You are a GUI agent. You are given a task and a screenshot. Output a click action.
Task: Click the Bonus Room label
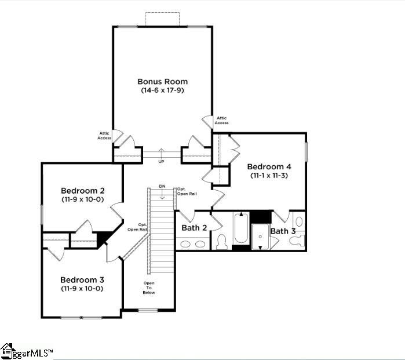(x=162, y=82)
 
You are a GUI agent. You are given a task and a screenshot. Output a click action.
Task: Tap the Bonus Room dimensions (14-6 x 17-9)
(x=162, y=90)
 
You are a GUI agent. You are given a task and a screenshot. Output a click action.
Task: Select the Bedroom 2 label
(x=83, y=191)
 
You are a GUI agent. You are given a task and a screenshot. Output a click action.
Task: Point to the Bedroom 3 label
(x=82, y=280)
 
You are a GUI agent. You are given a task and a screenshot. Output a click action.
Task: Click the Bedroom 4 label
(x=269, y=167)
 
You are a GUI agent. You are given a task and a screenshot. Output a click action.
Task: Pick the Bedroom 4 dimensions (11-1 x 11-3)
(x=269, y=176)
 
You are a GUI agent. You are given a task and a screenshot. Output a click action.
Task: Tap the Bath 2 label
(x=194, y=228)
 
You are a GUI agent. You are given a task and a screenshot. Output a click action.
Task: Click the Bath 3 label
(x=283, y=231)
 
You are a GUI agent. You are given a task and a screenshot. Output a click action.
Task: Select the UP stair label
(x=161, y=162)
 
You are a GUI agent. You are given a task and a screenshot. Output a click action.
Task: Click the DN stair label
(x=162, y=186)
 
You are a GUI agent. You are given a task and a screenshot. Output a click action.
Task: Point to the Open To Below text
(x=149, y=288)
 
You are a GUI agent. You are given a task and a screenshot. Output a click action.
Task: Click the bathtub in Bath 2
(x=241, y=228)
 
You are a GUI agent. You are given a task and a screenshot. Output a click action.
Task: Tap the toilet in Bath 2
(x=221, y=242)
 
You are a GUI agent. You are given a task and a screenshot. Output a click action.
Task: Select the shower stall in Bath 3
(x=260, y=237)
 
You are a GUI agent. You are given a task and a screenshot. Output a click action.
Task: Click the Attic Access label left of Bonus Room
(x=104, y=136)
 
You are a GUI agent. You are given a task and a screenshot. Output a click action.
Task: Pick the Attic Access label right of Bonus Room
(x=221, y=121)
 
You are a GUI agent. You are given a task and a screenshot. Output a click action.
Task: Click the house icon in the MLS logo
(x=6, y=351)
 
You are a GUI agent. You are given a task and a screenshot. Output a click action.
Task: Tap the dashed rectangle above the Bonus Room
(x=162, y=19)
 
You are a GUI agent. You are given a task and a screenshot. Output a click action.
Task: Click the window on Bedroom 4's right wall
(x=306, y=152)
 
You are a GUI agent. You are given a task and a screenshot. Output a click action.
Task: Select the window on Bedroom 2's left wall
(x=42, y=214)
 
